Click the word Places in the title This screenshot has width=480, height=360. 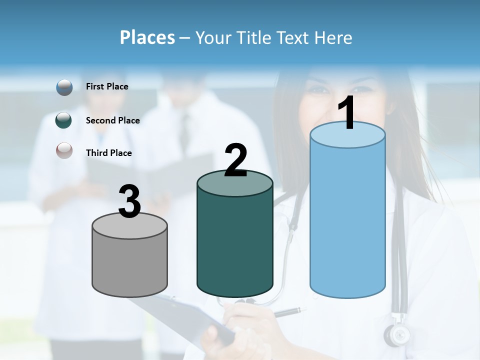pos(147,37)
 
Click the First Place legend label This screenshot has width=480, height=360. pos(107,86)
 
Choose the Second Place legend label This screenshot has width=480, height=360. pos(112,120)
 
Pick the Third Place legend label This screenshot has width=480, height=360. pos(108,153)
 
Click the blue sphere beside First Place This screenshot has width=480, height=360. pos(64,87)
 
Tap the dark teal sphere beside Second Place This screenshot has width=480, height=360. pos(64,120)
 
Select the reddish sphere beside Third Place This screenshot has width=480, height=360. pos(64,150)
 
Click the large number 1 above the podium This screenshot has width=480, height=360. pos(347,113)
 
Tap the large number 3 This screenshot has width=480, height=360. pos(129,201)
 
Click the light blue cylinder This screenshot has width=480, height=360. pos(347,220)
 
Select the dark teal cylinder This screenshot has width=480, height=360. pos(234,240)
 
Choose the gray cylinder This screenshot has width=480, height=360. pos(129,262)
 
